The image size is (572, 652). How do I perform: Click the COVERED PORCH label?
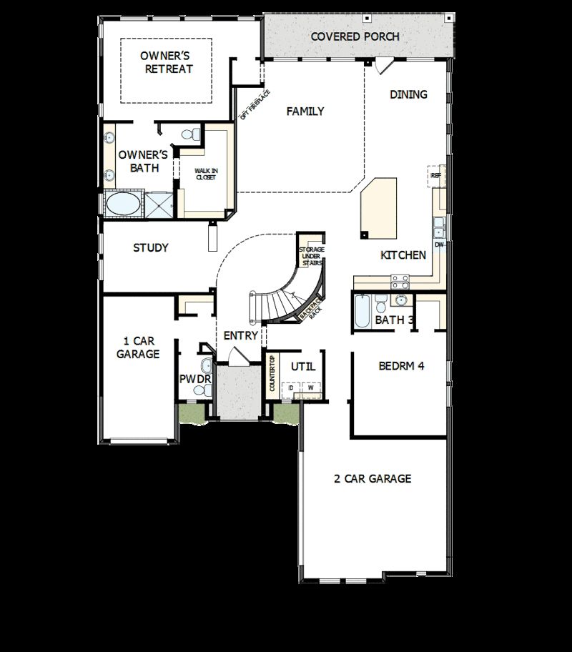(x=355, y=36)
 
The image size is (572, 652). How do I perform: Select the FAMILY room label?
(x=305, y=112)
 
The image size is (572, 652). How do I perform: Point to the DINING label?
(x=408, y=94)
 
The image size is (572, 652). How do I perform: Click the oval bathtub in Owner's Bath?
(x=123, y=204)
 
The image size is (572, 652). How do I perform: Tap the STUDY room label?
(x=151, y=248)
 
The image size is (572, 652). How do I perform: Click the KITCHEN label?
(x=403, y=255)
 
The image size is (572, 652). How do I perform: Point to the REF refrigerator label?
(x=435, y=174)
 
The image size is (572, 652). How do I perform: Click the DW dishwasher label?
(x=440, y=245)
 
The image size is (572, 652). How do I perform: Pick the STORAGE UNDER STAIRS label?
(x=312, y=256)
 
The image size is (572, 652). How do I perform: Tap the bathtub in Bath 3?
(x=362, y=312)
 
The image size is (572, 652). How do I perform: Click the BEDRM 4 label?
(x=401, y=366)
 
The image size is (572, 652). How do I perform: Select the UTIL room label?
(x=302, y=366)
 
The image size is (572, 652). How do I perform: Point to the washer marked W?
(x=311, y=388)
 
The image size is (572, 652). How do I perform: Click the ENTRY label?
(x=241, y=335)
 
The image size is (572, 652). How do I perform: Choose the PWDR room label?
(x=194, y=379)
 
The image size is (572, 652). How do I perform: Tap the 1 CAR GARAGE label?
(x=137, y=347)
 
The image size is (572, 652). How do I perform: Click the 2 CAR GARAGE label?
(x=373, y=478)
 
